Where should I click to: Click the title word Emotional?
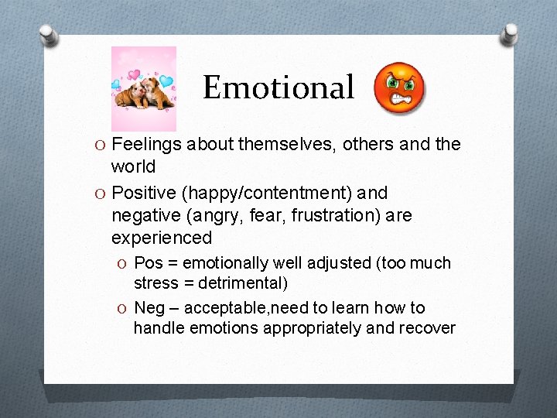tap(278, 87)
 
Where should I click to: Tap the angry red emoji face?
tap(399, 87)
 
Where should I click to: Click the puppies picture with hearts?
tap(144, 88)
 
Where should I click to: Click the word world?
tap(133, 166)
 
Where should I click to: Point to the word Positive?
tap(145, 193)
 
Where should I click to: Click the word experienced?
tap(161, 237)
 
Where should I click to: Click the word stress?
tap(155, 283)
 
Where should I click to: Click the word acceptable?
tap(227, 308)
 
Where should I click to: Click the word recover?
tap(426, 328)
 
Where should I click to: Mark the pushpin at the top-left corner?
tap(48, 35)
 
